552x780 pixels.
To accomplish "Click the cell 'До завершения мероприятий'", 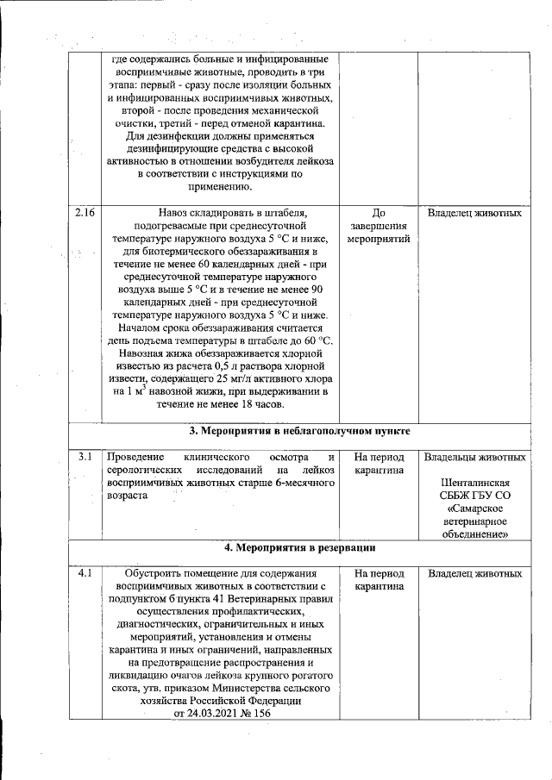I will [378, 226].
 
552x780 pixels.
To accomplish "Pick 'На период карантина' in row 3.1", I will [378, 464].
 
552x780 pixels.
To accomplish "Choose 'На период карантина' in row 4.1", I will [378, 579].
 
